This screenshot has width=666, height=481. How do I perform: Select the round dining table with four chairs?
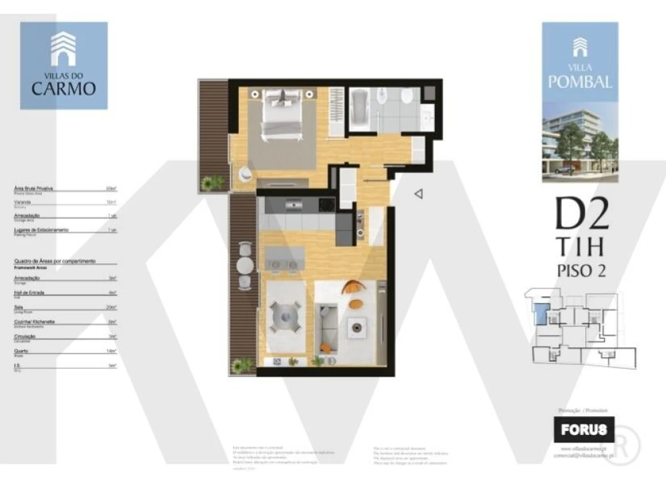click(x=286, y=315)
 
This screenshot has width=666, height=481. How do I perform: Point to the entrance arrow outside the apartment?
click(x=419, y=194)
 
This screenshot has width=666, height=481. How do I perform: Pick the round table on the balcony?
click(x=245, y=265)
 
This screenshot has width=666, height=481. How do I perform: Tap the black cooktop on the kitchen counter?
click(x=327, y=205)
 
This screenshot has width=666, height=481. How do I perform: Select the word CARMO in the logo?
click(x=64, y=88)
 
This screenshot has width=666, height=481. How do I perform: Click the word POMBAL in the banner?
click(x=579, y=82)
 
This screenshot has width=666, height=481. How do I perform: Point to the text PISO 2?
click(x=581, y=271)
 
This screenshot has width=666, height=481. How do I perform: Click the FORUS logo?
click(x=583, y=430)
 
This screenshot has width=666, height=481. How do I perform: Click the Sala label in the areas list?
click(x=18, y=307)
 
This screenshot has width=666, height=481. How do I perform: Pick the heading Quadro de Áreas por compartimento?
click(x=55, y=261)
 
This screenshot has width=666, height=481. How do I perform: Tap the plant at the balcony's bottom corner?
click(x=243, y=365)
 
